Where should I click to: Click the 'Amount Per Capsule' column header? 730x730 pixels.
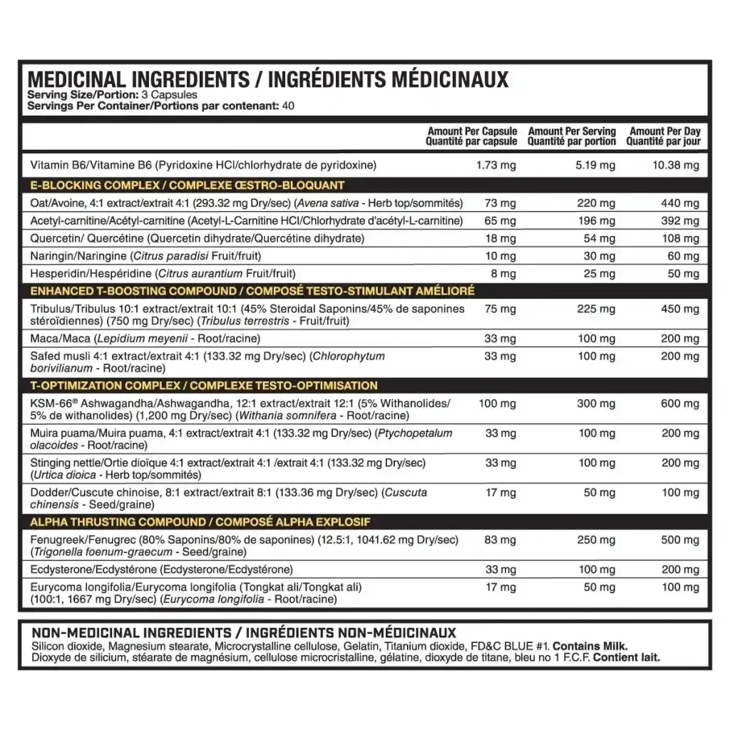(x=472, y=131)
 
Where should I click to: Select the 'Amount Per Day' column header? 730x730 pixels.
(x=664, y=131)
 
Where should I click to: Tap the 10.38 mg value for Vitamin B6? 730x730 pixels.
(x=677, y=165)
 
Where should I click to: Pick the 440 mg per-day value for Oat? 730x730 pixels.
(x=680, y=203)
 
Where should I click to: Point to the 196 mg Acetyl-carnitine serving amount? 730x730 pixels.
(x=597, y=221)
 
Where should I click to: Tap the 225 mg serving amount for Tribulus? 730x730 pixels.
(x=597, y=309)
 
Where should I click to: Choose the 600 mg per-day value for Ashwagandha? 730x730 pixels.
(x=680, y=403)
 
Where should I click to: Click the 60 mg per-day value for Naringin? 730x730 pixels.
(x=682, y=256)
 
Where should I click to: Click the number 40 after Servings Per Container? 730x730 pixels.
(x=288, y=106)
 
